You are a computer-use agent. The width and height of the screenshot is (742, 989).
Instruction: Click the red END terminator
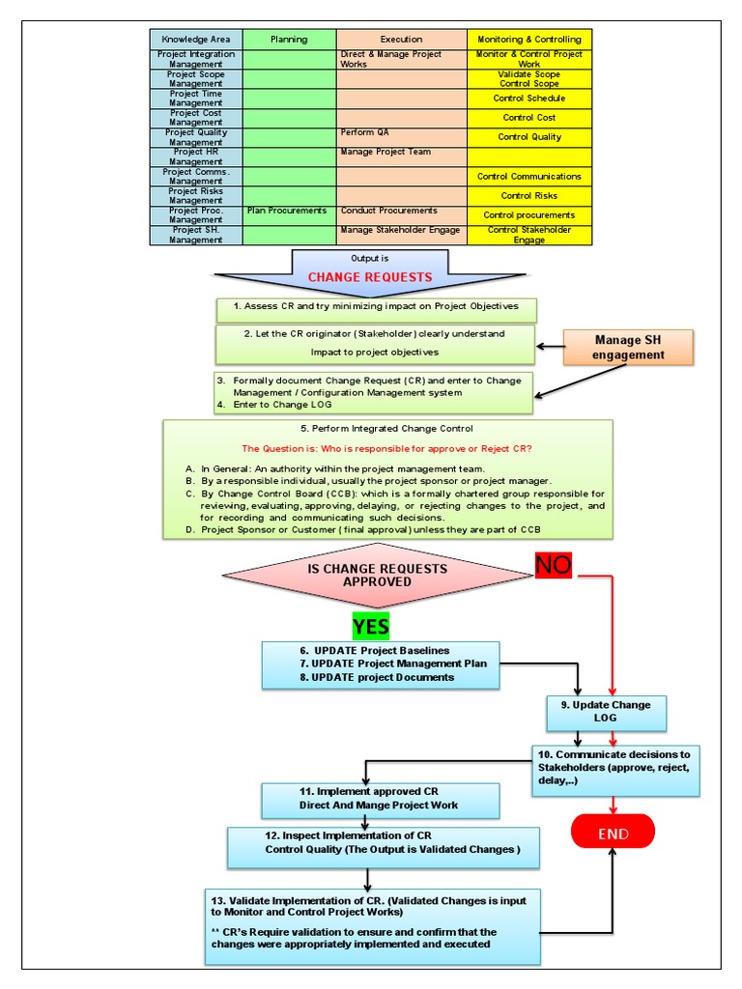[613, 833]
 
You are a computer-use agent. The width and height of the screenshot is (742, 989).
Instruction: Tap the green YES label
[370, 626]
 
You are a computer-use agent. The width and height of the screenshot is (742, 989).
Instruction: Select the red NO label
[554, 566]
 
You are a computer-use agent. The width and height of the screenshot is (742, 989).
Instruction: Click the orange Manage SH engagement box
[629, 347]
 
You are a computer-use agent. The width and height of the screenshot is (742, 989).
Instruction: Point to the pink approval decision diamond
[378, 576]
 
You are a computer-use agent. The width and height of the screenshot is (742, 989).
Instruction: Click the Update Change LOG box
[607, 712]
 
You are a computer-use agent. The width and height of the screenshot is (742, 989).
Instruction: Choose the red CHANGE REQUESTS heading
[370, 277]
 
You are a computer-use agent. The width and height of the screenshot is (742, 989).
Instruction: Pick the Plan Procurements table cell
[289, 211]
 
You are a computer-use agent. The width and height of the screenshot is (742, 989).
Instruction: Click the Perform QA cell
[401, 136]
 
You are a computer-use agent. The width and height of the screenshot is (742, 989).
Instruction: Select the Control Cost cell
[528, 118]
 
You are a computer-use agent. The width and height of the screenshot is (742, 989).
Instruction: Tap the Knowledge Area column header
[196, 40]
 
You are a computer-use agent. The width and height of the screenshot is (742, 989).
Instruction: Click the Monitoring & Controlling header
[528, 40]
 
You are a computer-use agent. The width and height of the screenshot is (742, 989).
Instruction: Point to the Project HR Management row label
[196, 156]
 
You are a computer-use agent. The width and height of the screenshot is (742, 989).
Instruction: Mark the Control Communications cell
[528, 177]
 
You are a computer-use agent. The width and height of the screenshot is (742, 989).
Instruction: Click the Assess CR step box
[377, 307]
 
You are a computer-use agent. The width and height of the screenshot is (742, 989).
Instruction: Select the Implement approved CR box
[381, 799]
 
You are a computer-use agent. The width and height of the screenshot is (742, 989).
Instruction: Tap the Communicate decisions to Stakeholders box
[615, 769]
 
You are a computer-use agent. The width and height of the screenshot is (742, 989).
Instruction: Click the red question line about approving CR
[386, 448]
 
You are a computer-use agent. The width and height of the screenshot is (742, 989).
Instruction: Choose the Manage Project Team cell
[401, 155]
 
